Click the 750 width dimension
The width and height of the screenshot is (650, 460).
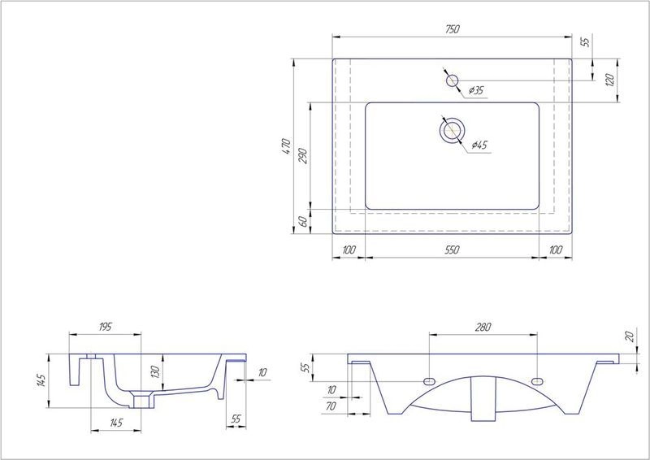pos(453,29)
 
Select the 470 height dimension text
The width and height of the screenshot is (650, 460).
pos(286,146)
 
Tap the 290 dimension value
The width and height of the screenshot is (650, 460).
pos(303,156)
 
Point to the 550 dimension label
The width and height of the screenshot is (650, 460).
pos(453,250)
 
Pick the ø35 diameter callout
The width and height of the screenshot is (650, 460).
pos(476,91)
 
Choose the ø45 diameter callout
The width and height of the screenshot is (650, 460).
pos(479,145)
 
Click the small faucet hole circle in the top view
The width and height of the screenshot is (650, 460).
pos(453,80)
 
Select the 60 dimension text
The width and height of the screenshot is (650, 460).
pos(303,221)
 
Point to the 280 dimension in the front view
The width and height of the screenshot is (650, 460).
pos(483,327)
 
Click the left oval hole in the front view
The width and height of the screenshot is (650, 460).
pos(429,382)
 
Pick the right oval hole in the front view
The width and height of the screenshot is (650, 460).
pos(537,382)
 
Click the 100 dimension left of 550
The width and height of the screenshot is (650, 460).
pos(349,250)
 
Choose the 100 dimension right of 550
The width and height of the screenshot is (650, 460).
pos(557,250)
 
